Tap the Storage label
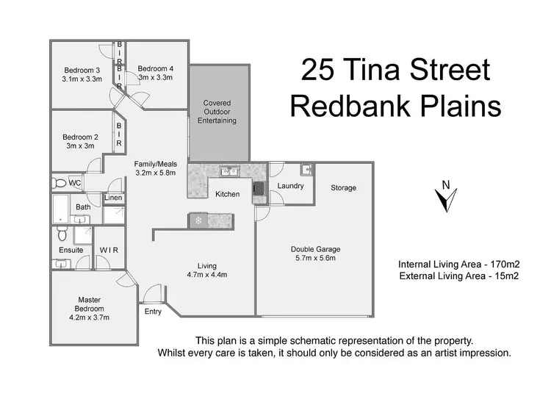coord(343,188)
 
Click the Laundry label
coord(291,186)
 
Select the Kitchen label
coord(228,195)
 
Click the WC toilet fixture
coord(58,182)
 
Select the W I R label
coord(109,250)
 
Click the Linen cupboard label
coord(113,198)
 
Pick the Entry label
coord(153,312)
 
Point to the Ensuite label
coord(72,250)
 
